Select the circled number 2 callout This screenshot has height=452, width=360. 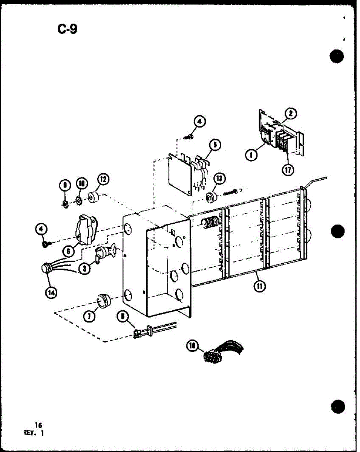tap(290, 113)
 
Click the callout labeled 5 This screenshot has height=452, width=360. tap(215, 145)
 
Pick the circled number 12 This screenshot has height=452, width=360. tap(103, 181)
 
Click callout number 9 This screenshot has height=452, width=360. tap(64, 185)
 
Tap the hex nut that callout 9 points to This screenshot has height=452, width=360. tap(64, 205)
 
